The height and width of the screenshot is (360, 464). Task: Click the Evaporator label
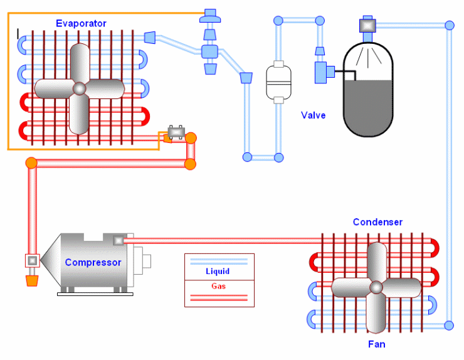click(81, 24)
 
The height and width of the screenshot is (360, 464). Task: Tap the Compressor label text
click(93, 262)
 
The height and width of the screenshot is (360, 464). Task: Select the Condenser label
click(377, 222)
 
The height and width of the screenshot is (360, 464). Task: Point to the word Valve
click(314, 115)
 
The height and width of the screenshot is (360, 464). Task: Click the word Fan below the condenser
click(377, 344)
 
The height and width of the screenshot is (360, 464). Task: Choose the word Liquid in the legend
click(218, 272)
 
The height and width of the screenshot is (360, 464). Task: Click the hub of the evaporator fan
click(80, 88)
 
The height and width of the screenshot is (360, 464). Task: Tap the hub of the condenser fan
click(376, 287)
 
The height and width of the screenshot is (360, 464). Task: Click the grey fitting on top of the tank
click(367, 26)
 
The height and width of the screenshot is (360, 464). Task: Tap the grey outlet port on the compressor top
click(119, 240)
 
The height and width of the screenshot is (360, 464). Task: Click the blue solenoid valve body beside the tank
click(322, 71)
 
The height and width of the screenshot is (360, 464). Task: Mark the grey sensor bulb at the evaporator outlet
click(176, 132)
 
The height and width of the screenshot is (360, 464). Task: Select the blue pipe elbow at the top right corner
click(449, 26)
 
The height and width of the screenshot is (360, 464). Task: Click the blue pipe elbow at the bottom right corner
click(449, 325)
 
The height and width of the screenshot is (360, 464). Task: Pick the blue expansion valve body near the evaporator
click(209, 51)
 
